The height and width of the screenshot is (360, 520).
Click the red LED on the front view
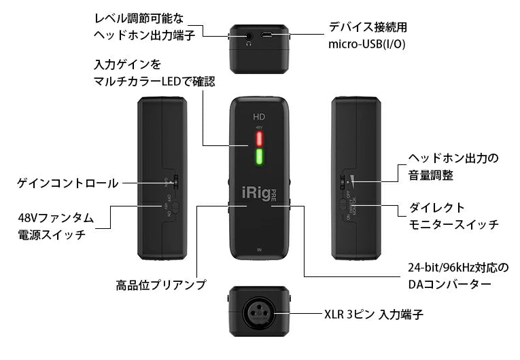point(258,139)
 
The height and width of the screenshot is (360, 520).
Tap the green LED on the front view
point(258,160)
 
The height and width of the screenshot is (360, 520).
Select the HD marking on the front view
point(258,115)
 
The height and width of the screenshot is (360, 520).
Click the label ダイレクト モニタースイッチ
point(449,215)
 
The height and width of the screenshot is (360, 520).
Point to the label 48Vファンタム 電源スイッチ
point(55,226)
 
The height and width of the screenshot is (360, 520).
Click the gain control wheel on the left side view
point(175,181)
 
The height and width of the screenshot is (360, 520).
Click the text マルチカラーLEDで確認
point(154,82)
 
